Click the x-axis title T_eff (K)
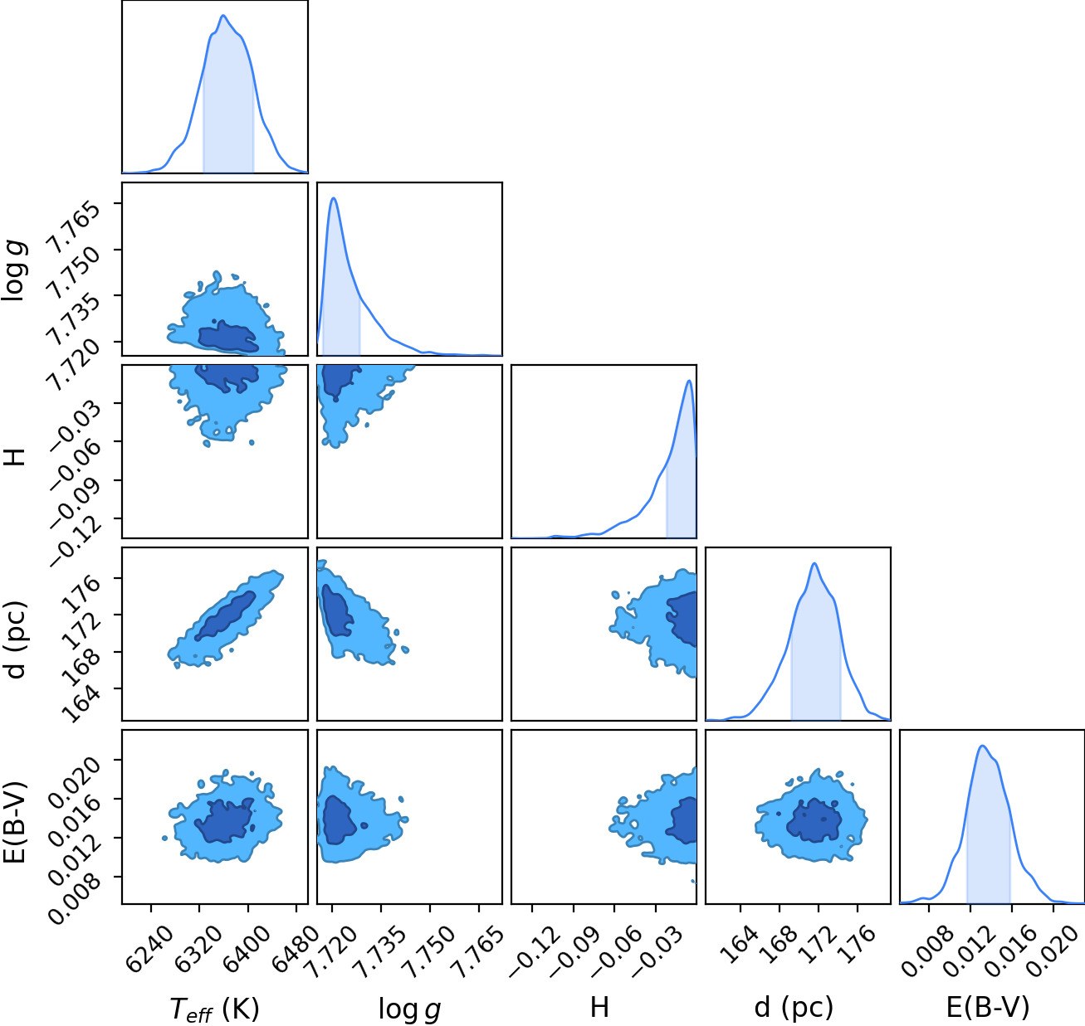point(214,1009)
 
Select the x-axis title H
point(600,1007)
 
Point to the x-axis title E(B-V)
point(988,1008)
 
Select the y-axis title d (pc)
point(15,639)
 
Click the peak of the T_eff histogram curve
point(223,15)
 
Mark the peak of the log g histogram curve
point(334,197)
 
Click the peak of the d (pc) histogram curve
point(814,563)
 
